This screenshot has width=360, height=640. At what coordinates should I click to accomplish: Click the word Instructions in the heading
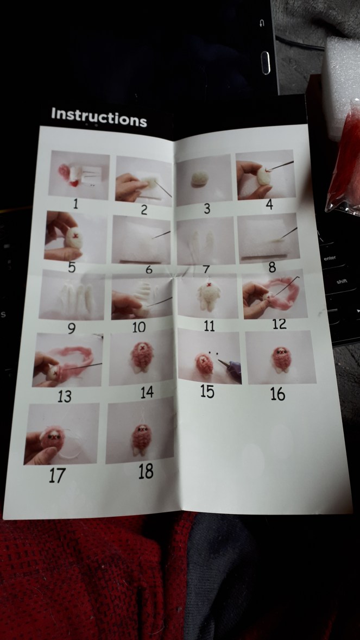click(99, 117)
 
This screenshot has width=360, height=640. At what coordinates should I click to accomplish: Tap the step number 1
click(75, 204)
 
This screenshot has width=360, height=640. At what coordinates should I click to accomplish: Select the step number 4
click(269, 204)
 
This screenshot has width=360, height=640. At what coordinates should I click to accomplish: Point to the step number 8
click(272, 267)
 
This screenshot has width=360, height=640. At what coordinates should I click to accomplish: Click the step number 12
click(280, 324)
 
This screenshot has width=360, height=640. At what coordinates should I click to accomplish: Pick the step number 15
click(207, 391)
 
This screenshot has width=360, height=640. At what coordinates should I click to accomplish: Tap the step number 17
click(57, 476)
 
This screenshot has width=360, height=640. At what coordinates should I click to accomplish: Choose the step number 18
click(146, 472)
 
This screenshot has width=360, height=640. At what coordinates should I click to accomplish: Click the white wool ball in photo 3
click(200, 179)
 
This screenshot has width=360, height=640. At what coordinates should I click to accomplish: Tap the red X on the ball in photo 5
click(74, 236)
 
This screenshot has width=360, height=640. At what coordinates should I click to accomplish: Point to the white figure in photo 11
click(209, 296)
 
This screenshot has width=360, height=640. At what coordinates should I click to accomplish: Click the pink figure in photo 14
click(142, 356)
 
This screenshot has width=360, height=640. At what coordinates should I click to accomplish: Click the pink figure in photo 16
click(282, 360)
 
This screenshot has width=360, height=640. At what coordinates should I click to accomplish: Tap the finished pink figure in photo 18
click(141, 440)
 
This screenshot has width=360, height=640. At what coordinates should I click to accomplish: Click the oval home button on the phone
click(266, 63)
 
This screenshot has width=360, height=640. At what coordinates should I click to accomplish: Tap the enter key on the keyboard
click(330, 258)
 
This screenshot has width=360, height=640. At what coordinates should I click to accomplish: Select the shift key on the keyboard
click(342, 281)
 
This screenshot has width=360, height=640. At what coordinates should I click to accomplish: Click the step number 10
click(139, 327)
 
